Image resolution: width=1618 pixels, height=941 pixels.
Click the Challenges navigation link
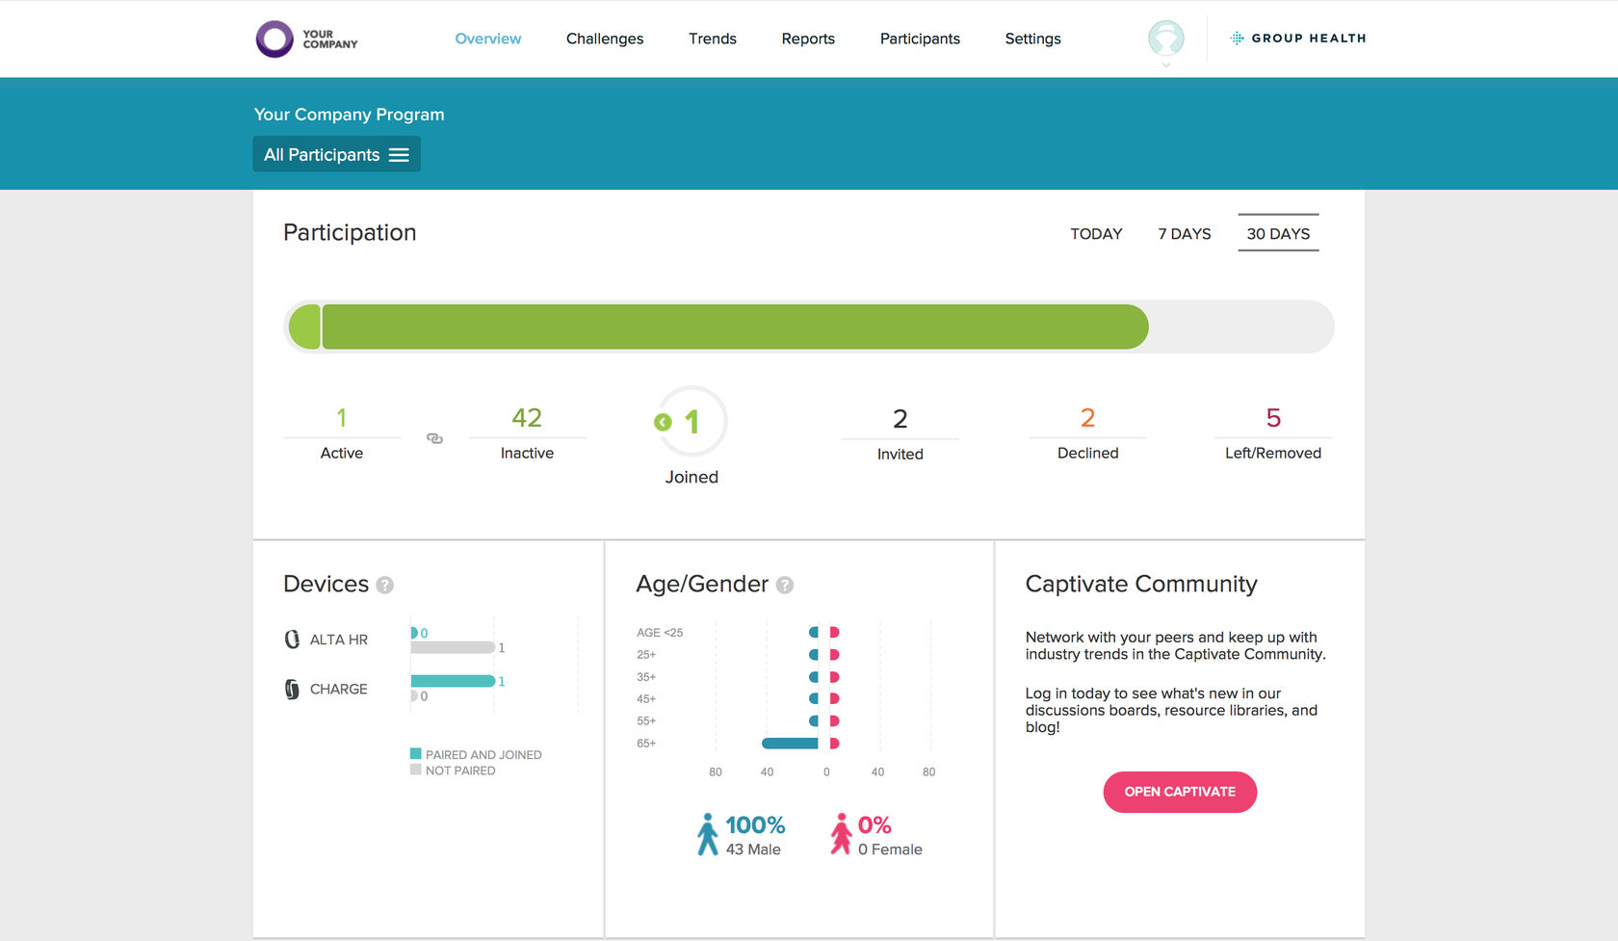click(x=605, y=39)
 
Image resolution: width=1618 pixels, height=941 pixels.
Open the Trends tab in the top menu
click(x=713, y=39)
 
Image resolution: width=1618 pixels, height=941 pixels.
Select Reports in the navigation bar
click(x=807, y=39)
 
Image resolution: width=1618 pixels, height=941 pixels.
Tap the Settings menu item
click(x=1032, y=39)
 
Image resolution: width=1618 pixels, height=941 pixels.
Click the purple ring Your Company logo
click(x=274, y=39)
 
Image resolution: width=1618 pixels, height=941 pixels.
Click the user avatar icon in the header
click(x=1165, y=39)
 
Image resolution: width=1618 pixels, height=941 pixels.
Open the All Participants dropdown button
click(x=337, y=154)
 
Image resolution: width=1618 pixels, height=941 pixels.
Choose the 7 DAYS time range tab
click(x=1184, y=234)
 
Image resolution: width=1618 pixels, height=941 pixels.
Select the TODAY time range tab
click(x=1096, y=234)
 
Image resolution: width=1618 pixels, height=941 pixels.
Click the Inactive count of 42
click(x=527, y=417)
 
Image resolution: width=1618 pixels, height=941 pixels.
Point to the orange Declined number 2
click(x=1087, y=417)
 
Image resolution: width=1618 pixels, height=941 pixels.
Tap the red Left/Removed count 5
click(x=1273, y=417)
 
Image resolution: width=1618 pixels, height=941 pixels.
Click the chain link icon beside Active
click(x=434, y=438)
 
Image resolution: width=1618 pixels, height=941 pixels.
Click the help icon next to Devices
click(x=385, y=585)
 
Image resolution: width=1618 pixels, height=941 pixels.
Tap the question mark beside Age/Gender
click(x=784, y=585)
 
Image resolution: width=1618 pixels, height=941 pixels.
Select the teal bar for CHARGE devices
click(x=453, y=681)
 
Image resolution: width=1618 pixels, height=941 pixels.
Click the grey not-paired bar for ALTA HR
click(x=453, y=648)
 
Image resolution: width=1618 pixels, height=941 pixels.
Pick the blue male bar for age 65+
click(x=790, y=744)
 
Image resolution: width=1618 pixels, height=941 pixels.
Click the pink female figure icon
click(x=840, y=835)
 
